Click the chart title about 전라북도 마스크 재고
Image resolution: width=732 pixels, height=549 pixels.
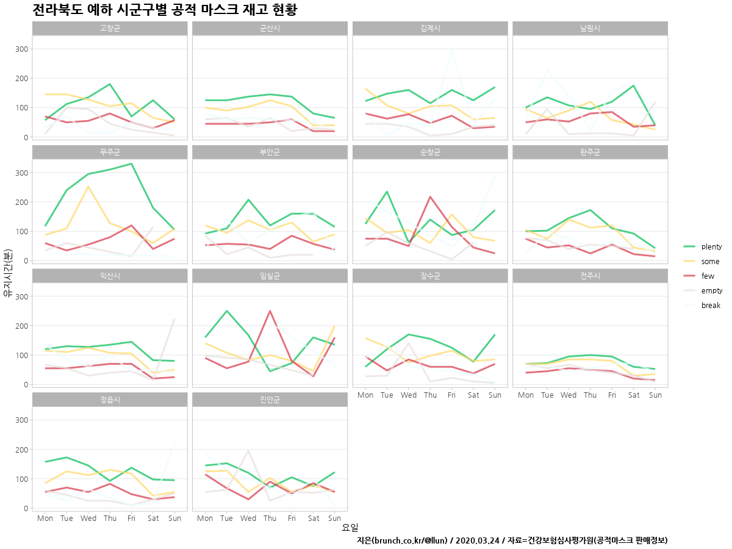coord(165,10)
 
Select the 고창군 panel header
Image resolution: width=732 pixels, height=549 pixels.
coord(110,28)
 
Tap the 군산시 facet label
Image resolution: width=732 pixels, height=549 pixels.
coord(270,28)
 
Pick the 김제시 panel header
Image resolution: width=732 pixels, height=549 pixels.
coord(430,28)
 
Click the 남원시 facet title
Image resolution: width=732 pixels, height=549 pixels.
coord(590,28)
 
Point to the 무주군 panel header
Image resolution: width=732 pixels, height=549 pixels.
coord(110,152)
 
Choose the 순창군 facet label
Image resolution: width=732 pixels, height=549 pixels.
coord(430,152)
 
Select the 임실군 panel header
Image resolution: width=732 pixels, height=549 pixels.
coord(270,276)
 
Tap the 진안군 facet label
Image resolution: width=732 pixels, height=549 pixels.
coord(270,400)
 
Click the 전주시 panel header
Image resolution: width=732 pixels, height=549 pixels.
coord(590,276)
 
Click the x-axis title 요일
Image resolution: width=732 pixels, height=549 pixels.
coord(350,528)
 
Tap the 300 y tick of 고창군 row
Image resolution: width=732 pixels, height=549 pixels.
coord(21,49)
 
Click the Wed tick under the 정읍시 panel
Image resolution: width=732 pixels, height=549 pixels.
coord(88,518)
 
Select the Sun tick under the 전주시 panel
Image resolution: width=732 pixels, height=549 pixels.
coord(655,395)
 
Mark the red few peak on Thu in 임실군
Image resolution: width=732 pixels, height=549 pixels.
coord(270,311)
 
